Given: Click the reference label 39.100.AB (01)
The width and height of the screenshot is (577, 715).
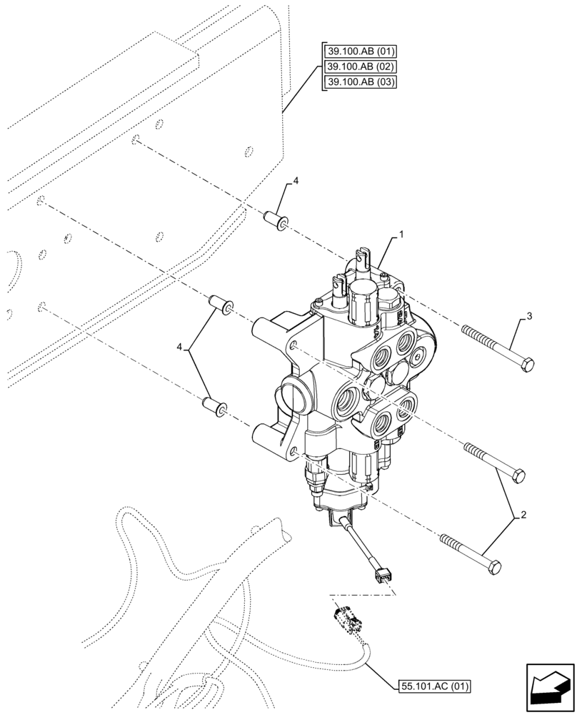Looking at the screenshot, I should click(360, 51).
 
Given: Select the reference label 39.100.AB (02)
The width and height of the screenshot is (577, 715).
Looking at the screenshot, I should click(360, 66).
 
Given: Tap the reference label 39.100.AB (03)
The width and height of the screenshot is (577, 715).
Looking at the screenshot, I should click(360, 82).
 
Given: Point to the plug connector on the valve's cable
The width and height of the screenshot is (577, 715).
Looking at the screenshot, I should click(379, 573).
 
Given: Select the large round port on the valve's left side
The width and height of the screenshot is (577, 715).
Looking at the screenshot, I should click(293, 397).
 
